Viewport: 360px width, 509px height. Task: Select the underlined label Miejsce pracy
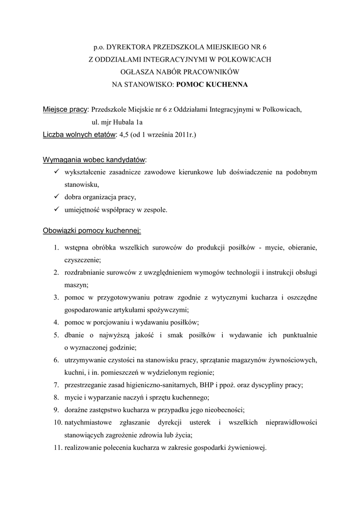tap(65, 109)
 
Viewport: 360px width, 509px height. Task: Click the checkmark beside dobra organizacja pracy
tap(56, 197)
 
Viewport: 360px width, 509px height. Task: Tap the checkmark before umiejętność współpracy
tap(56, 209)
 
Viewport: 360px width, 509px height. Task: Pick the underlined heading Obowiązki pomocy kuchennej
tap(92, 231)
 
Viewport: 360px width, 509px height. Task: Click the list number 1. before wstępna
tap(56, 248)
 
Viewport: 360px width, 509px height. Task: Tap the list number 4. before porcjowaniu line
tap(56, 323)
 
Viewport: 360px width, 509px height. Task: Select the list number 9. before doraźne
tap(56, 410)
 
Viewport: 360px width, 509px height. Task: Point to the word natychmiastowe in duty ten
tap(88, 423)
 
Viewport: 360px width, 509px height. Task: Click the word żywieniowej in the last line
tap(247, 447)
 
